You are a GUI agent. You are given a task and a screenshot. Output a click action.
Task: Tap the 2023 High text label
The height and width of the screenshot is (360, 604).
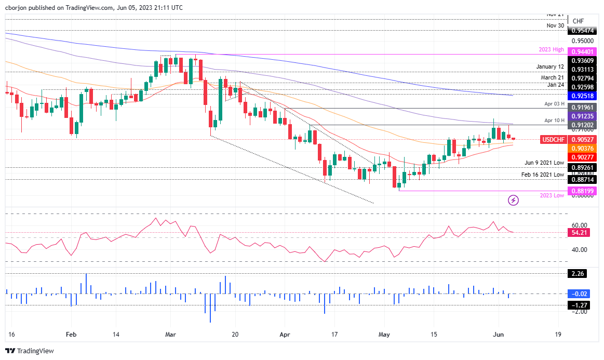click(551, 50)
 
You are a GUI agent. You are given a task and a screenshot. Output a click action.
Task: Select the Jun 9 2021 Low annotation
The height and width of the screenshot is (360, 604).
click(544, 163)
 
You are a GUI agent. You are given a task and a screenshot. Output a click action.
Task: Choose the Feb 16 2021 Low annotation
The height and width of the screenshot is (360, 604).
click(543, 175)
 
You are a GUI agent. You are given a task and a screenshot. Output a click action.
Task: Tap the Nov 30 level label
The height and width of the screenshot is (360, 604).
click(555, 25)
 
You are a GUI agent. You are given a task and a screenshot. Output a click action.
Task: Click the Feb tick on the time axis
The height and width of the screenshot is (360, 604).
click(72, 334)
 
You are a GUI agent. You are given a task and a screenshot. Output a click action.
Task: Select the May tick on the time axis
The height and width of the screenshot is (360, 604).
click(384, 334)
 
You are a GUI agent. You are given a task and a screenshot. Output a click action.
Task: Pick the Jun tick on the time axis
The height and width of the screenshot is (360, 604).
click(498, 334)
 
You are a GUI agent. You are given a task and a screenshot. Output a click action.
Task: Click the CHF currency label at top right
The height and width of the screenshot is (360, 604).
click(578, 21)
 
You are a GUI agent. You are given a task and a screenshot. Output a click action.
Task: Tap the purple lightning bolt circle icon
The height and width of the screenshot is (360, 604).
click(514, 200)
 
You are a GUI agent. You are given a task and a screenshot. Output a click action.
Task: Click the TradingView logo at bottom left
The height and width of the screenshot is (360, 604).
click(30, 351)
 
